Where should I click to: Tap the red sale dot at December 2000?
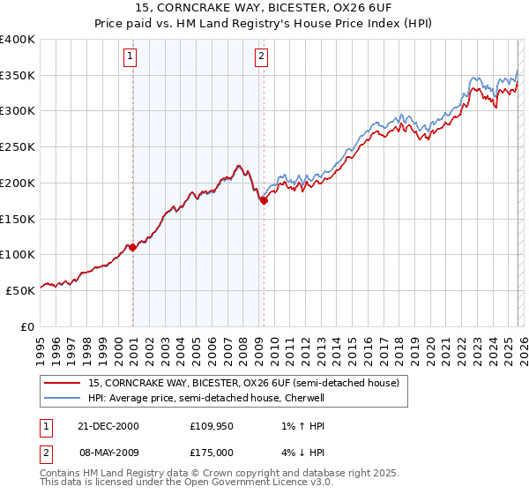coord(133,248)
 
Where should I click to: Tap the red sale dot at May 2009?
coord(264,201)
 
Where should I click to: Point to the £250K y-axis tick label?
coord(18,147)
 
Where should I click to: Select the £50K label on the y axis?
coord(21,290)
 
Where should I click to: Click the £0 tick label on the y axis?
coord(27,326)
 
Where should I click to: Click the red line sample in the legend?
coord(62,384)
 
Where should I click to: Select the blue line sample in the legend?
coord(62,398)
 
